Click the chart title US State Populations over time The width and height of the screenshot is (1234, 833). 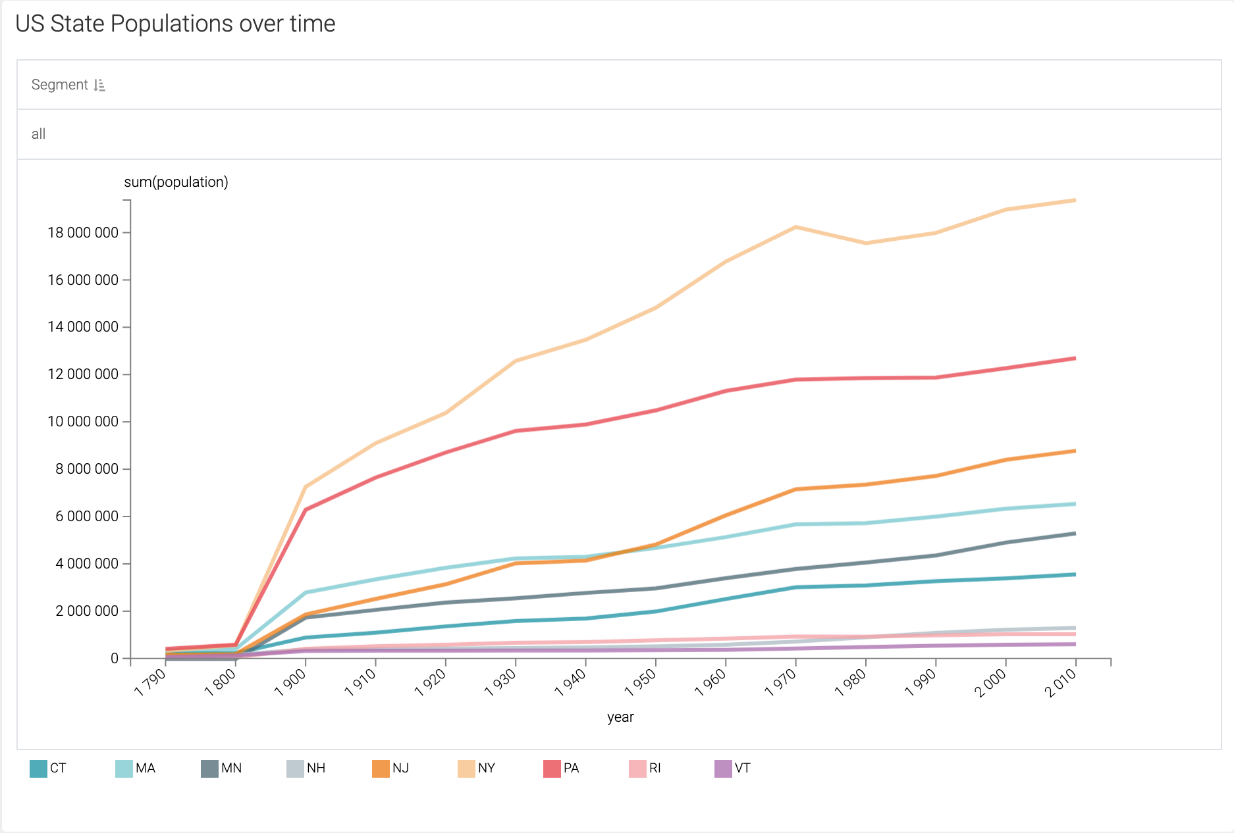pyautogui.click(x=175, y=24)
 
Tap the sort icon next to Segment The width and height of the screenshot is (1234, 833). pyautogui.click(x=99, y=85)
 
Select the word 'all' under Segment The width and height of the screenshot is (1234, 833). pyautogui.click(x=38, y=134)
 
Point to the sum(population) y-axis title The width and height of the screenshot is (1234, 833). pyautogui.click(x=176, y=182)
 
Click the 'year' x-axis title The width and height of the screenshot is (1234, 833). pyautogui.click(x=620, y=717)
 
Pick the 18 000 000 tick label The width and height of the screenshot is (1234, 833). pyautogui.click(x=83, y=233)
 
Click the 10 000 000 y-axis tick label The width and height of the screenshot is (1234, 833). pyautogui.click(x=83, y=422)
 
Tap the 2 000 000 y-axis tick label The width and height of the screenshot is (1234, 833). pyautogui.click(x=87, y=611)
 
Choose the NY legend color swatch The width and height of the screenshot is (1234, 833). pyautogui.click(x=466, y=769)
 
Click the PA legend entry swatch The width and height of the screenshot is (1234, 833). pyautogui.click(x=552, y=769)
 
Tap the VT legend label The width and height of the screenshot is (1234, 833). pyautogui.click(x=742, y=769)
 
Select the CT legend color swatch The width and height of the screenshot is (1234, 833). pyautogui.click(x=38, y=769)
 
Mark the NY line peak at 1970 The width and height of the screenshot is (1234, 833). pyautogui.click(x=796, y=227)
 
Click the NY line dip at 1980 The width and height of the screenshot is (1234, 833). pyautogui.click(x=866, y=243)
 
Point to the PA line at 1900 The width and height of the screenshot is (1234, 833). pyautogui.click(x=306, y=509)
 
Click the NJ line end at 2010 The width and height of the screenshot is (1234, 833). pyautogui.click(x=1075, y=451)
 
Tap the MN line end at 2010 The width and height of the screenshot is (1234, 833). pyautogui.click(x=1075, y=534)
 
